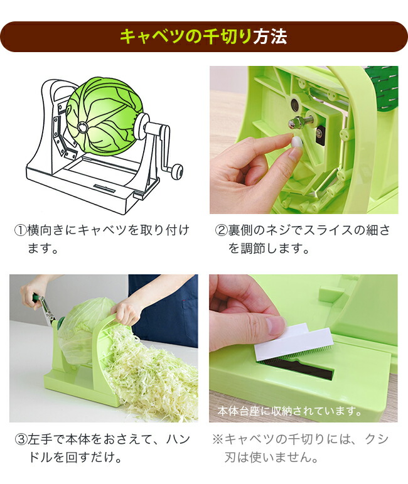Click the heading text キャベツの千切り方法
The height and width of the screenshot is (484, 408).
[x=203, y=36]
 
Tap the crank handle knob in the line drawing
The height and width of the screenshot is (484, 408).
[x=178, y=169]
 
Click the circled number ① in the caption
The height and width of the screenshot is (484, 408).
[x=20, y=230]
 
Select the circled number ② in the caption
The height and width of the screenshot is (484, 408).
[x=221, y=230]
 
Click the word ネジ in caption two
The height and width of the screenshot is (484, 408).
[x=281, y=230]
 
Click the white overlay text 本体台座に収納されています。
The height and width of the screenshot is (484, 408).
[x=289, y=412]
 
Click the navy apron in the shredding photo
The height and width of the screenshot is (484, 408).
[x=163, y=308]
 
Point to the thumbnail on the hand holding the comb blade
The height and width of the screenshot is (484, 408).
[x=275, y=326]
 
